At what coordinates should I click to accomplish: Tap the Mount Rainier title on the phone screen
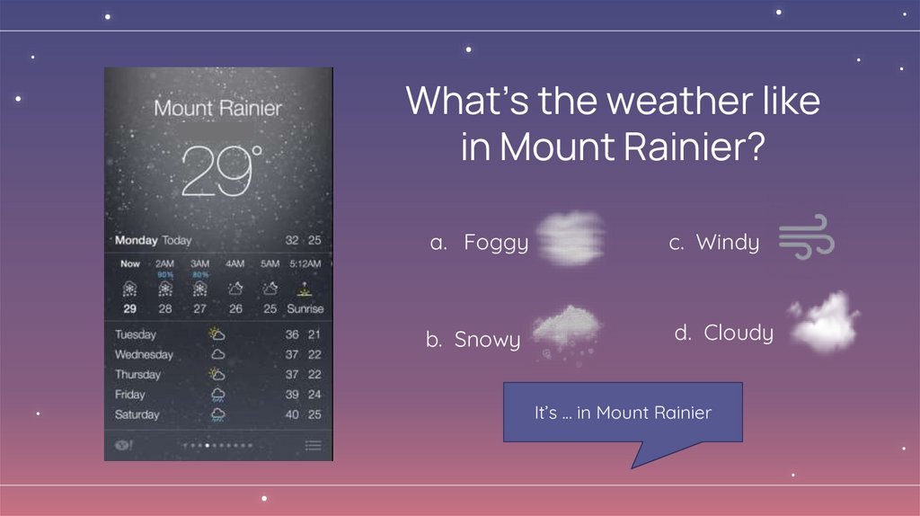(217, 109)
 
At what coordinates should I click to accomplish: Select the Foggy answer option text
(496, 243)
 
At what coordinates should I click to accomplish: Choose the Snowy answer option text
(487, 340)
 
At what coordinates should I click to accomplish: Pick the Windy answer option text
(727, 243)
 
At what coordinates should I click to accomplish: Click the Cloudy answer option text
(738, 334)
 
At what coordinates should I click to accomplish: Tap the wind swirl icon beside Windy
(806, 236)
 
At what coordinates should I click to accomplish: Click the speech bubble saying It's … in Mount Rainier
(623, 414)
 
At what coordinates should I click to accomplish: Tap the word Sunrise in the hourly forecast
(305, 309)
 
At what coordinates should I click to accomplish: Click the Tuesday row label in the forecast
(136, 334)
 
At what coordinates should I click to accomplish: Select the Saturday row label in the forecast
(137, 414)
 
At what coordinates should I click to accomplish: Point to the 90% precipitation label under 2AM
(165, 275)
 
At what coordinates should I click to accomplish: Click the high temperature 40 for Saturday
(292, 414)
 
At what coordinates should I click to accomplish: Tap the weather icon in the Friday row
(217, 395)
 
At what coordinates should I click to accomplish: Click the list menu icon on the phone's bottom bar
(313, 445)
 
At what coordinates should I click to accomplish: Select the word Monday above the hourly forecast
(137, 241)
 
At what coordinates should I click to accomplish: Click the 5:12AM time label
(305, 264)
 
